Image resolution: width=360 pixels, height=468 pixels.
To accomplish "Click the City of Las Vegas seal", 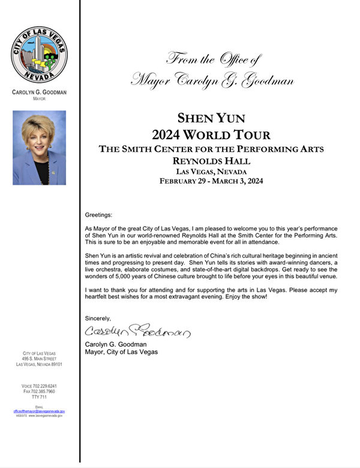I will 39,56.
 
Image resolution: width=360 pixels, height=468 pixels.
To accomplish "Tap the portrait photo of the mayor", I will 39,147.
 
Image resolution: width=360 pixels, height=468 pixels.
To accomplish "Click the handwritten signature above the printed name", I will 137,331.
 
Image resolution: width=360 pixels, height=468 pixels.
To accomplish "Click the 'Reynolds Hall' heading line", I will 211,160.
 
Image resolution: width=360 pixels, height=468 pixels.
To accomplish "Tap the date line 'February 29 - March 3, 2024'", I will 211,181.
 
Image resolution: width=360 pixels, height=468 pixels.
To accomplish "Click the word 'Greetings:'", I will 98,215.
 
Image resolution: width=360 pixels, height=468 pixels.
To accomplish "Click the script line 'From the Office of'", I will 214,59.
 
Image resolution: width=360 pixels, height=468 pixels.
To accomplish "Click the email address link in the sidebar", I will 39,411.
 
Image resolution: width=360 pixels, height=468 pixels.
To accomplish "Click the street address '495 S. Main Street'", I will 40,359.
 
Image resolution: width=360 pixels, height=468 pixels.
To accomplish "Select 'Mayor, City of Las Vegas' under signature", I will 122,352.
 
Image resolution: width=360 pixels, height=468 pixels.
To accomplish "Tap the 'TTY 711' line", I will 40,397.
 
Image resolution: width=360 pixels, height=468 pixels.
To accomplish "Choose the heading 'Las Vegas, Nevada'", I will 211,170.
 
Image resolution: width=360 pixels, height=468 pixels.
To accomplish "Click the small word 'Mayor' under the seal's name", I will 39,98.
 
